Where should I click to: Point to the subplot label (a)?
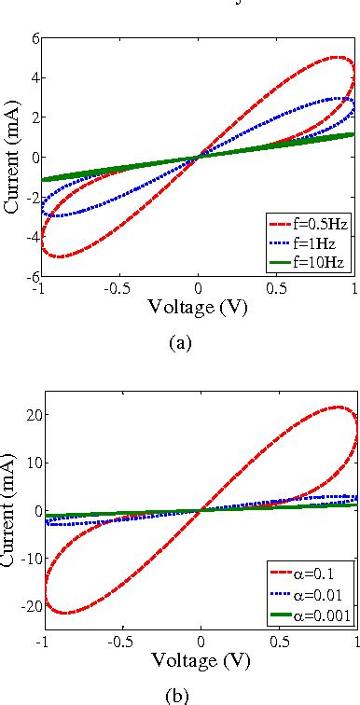180,343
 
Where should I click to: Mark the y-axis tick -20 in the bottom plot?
27,608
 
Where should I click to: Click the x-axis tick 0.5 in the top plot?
277,290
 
